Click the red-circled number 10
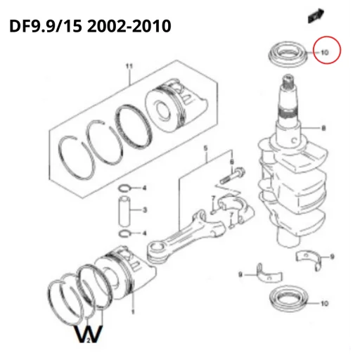[325, 53]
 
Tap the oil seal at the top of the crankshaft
[288, 54]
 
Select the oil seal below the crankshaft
[289, 299]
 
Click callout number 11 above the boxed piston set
[129, 66]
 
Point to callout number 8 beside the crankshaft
[323, 128]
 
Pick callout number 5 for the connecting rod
[205, 148]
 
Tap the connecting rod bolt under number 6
[232, 176]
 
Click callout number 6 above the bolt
[232, 162]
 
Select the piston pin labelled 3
[124, 211]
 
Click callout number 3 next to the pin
[145, 210]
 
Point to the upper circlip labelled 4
[124, 188]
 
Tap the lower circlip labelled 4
[124, 233]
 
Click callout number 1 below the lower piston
[133, 311]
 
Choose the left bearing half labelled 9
[269, 275]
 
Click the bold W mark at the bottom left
[89, 333]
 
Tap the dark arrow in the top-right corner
[316, 15]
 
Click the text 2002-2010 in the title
[129, 26]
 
